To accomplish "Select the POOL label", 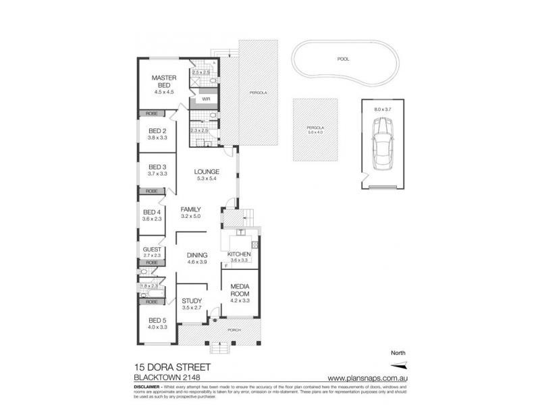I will [x=344, y=59].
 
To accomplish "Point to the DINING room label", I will [x=197, y=255].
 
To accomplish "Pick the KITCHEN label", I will [x=239, y=254].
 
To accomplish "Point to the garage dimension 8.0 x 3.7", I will [x=382, y=107].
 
